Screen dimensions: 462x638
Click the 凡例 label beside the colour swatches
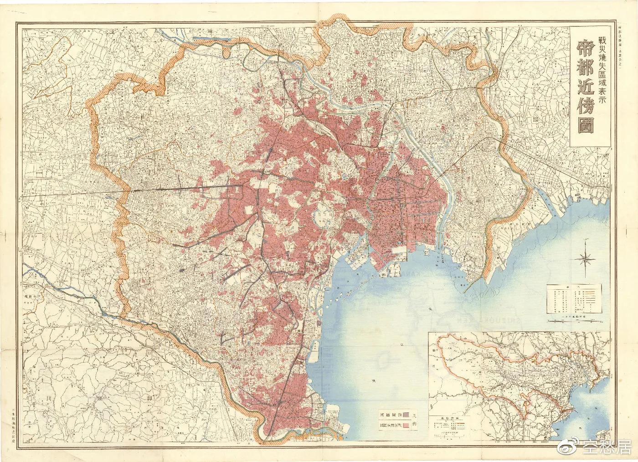[416, 420]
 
